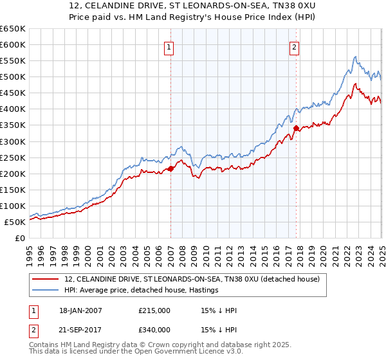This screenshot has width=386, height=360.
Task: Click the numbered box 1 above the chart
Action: click(x=169, y=47)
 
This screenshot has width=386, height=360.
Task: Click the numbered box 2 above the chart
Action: click(x=294, y=47)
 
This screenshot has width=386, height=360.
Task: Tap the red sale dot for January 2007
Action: click(x=170, y=168)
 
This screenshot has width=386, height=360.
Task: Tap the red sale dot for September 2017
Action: click(x=296, y=129)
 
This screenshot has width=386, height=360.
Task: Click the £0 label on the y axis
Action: click(x=21, y=238)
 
